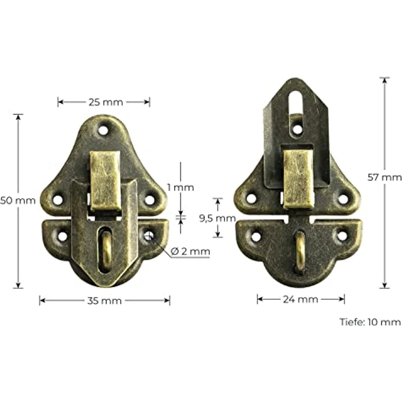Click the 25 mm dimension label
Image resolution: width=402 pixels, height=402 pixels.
pyautogui.click(x=104, y=102)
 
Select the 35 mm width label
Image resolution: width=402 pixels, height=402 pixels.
pyautogui.click(x=104, y=300)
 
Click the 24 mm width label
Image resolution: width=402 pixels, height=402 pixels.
pyautogui.click(x=301, y=299)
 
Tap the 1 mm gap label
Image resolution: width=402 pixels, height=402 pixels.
pyautogui.click(x=181, y=187)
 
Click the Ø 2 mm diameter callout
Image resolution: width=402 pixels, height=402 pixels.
pyautogui.click(x=190, y=251)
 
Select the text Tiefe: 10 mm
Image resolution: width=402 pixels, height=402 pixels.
pyautogui.click(x=370, y=322)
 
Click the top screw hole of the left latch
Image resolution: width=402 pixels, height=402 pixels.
pyautogui.click(x=103, y=131)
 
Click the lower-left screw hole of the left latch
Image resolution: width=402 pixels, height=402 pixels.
pyautogui.click(x=62, y=237)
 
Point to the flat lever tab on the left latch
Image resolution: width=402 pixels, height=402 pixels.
pyautogui.click(x=105, y=180)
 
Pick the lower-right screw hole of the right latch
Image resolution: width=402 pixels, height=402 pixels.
pyautogui.click(x=342, y=236)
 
